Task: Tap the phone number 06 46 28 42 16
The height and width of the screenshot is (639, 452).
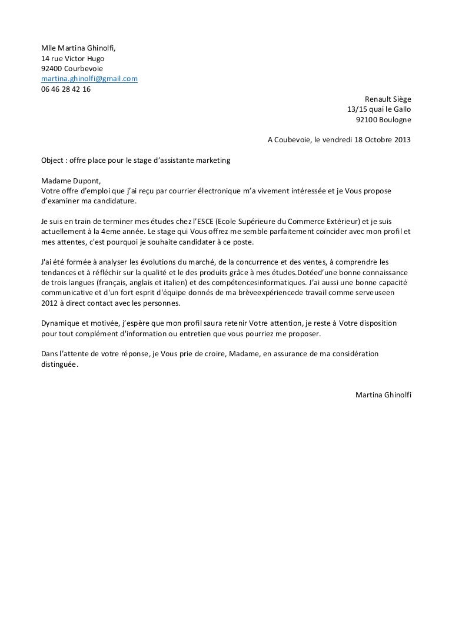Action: pyautogui.click(x=62, y=88)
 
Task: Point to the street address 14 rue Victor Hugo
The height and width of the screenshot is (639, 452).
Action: pyautogui.click(x=73, y=58)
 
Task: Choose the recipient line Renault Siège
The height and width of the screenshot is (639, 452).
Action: pyautogui.click(x=388, y=99)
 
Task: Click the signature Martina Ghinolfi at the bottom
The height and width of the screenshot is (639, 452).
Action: pyautogui.click(x=384, y=394)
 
